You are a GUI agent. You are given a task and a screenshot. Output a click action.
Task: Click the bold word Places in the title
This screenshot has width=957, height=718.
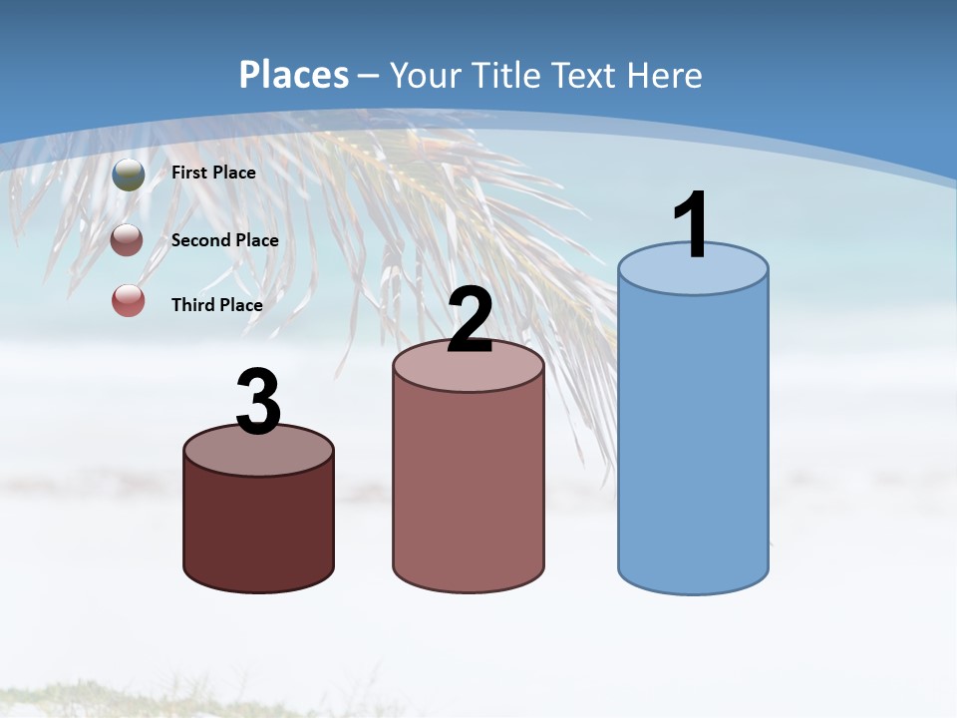point(294,75)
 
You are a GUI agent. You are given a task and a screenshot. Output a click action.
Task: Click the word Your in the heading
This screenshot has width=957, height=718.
point(423,75)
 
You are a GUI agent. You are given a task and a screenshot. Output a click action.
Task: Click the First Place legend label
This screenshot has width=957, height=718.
point(213,173)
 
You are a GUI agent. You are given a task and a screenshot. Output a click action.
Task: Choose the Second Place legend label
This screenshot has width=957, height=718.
point(224,240)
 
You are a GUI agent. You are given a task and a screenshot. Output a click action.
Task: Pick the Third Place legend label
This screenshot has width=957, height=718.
point(216,305)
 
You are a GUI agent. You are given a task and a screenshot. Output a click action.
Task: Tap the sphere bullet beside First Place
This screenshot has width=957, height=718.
point(129,175)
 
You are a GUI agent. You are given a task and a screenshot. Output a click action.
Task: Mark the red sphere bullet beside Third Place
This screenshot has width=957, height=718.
point(129,300)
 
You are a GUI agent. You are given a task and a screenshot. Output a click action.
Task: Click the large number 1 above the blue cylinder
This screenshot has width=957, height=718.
point(691,226)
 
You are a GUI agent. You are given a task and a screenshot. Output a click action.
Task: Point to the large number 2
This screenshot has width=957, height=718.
point(471,321)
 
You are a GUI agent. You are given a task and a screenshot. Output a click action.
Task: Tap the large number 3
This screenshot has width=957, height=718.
point(259,404)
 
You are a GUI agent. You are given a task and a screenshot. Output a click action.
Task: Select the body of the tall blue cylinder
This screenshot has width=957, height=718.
point(693,439)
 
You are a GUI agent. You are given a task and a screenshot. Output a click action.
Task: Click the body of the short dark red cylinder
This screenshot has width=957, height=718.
point(259,529)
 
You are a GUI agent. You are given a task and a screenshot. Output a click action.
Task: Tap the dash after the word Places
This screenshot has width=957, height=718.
point(368,76)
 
